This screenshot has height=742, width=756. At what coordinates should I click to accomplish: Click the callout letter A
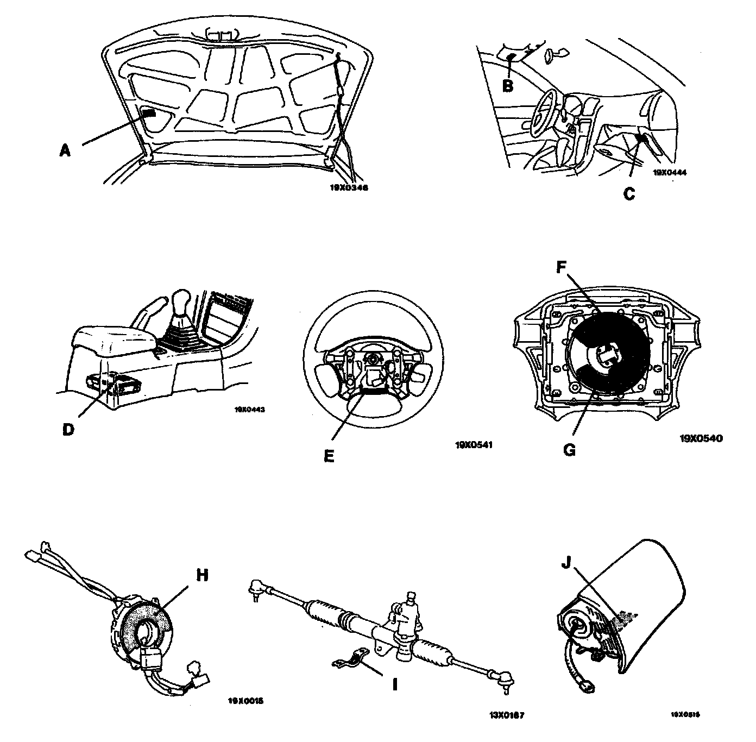[x=65, y=150]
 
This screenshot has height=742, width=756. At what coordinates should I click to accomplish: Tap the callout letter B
[x=507, y=85]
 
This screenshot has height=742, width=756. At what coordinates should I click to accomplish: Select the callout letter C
[x=629, y=194]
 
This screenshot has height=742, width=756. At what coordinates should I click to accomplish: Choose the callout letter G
[x=569, y=450]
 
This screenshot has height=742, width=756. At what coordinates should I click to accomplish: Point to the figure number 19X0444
[x=669, y=172]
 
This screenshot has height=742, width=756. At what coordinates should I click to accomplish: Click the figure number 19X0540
[x=701, y=437]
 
